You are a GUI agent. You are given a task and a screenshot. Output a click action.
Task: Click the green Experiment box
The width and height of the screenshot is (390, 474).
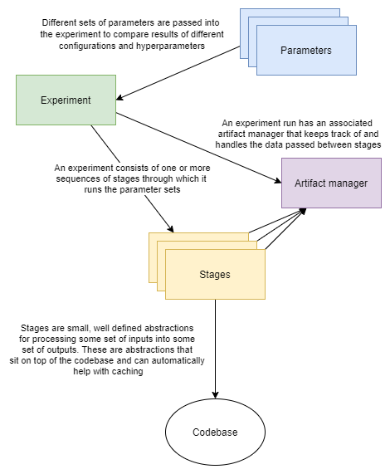pyautogui.click(x=66, y=100)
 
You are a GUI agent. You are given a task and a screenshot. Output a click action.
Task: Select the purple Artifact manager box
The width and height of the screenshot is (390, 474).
pyautogui.click(x=332, y=182)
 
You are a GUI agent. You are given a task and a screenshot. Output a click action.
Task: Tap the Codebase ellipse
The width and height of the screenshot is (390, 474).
pyautogui.click(x=215, y=432)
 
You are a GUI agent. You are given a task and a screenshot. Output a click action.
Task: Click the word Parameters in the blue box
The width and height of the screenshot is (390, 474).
pyautogui.click(x=305, y=51)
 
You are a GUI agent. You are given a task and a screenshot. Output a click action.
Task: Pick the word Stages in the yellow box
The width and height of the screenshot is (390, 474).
pyautogui.click(x=215, y=274)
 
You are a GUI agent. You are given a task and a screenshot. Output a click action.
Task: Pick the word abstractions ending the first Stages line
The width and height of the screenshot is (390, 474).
pyautogui.click(x=169, y=329)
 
